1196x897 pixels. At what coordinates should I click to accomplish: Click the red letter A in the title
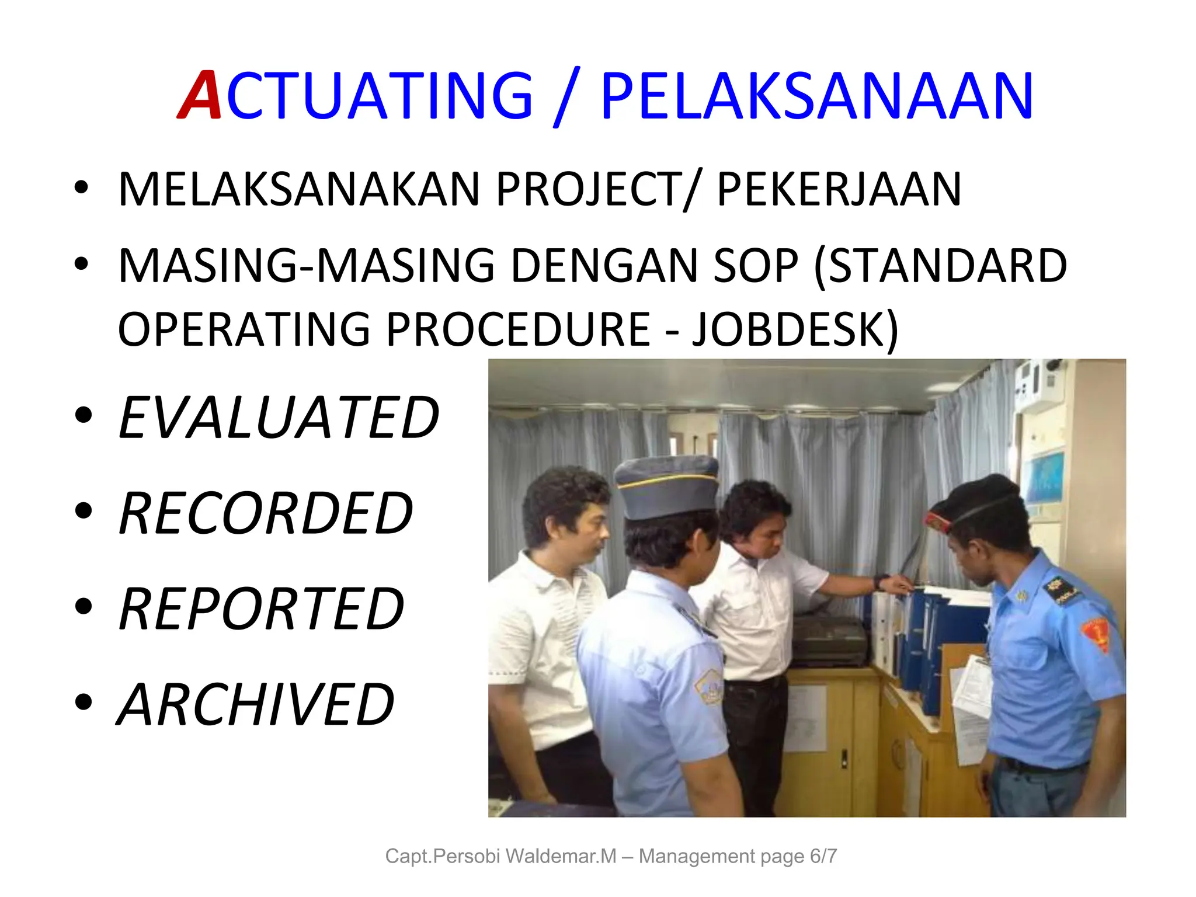[x=200, y=95]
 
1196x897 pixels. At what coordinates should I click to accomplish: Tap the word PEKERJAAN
[x=839, y=189]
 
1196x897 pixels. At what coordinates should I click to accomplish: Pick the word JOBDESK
[x=794, y=329]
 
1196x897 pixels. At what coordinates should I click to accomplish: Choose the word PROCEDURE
[x=518, y=329]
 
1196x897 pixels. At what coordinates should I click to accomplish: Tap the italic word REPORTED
[x=261, y=609]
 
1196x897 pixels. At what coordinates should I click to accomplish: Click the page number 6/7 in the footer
[x=823, y=856]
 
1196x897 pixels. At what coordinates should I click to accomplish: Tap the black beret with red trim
[x=975, y=502]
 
